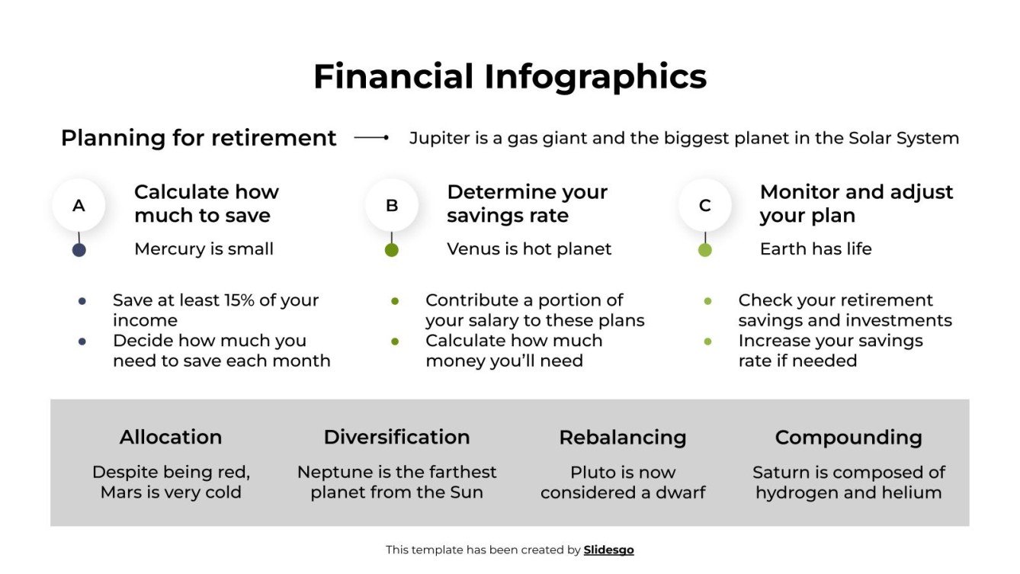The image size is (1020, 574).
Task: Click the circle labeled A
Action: pyautogui.click(x=79, y=205)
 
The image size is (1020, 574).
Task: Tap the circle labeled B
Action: pyautogui.click(x=392, y=205)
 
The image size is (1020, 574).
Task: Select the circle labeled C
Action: pyautogui.click(x=704, y=205)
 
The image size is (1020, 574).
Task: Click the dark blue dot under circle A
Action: pyautogui.click(x=79, y=249)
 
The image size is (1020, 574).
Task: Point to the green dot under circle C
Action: pyautogui.click(x=704, y=249)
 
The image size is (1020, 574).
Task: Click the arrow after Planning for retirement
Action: pyautogui.click(x=371, y=138)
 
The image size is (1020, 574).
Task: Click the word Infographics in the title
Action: pyautogui.click(x=595, y=77)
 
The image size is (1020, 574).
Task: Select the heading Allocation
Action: pyautogui.click(x=171, y=437)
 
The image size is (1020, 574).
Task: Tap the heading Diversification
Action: pyautogui.click(x=396, y=437)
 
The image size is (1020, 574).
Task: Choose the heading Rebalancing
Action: pyautogui.click(x=622, y=437)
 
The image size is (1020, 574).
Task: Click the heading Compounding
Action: pyautogui.click(x=848, y=437)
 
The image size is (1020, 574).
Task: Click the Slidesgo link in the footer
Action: pyautogui.click(x=608, y=550)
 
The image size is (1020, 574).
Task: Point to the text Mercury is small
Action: pyautogui.click(x=204, y=249)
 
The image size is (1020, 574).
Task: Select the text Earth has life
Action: pyautogui.click(x=816, y=249)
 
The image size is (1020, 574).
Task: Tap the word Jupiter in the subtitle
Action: pyautogui.click(x=437, y=138)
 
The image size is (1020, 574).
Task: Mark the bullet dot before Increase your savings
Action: pyautogui.click(x=707, y=342)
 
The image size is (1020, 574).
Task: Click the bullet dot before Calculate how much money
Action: pyautogui.click(x=395, y=342)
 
